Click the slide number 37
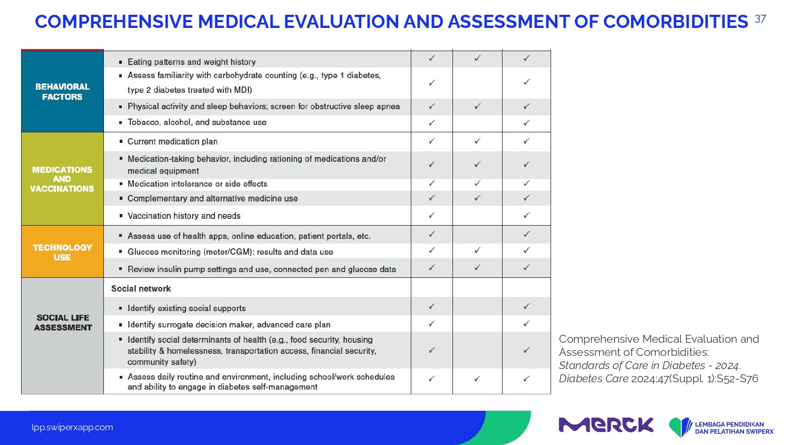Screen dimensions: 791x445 [760, 19]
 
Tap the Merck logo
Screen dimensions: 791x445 [606, 425]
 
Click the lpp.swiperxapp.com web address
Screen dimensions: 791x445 [72, 428]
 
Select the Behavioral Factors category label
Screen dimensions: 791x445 [63, 92]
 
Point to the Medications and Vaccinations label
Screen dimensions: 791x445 [62, 179]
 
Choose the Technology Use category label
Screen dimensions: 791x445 [63, 252]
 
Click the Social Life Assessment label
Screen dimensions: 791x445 [63, 323]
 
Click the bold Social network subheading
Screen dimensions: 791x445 [141, 288]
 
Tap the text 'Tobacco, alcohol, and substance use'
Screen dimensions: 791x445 [197, 122]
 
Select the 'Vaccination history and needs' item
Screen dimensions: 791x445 [184, 216]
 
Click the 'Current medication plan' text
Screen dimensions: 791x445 [172, 142]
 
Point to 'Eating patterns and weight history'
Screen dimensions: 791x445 [191, 62]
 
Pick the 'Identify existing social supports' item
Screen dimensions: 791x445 [187, 308]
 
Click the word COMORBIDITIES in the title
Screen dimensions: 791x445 [676, 22]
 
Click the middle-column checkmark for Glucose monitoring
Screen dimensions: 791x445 [477, 250]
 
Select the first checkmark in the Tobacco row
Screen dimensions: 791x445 [431, 122]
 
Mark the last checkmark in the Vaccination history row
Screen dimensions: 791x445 [526, 215]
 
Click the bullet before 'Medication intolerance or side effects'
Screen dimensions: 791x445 [121, 183]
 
